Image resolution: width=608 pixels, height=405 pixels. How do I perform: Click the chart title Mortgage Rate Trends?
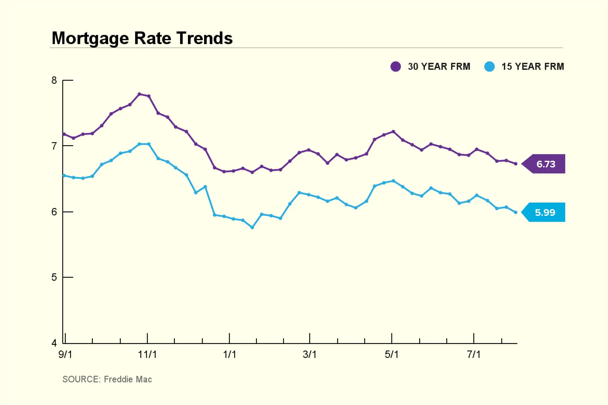click(x=142, y=38)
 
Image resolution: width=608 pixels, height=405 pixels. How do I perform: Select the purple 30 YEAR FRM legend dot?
click(x=395, y=66)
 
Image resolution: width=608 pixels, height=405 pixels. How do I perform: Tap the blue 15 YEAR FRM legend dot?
click(x=489, y=66)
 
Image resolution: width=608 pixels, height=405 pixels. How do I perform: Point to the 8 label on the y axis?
click(x=54, y=80)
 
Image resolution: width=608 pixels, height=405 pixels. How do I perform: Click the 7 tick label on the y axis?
click(x=54, y=146)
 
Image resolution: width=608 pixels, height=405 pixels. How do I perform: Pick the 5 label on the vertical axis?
click(x=54, y=277)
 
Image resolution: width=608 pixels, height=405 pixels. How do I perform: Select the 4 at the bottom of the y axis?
click(x=54, y=343)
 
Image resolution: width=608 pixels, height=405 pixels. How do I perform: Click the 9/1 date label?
click(x=65, y=354)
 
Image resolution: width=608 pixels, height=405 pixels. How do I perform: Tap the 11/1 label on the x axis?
click(x=147, y=354)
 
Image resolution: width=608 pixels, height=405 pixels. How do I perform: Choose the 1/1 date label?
click(x=229, y=354)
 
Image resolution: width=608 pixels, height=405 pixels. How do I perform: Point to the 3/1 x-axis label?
click(x=310, y=354)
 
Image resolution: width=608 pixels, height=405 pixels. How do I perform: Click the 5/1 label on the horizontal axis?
click(x=392, y=354)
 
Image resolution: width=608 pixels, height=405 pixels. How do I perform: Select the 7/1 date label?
click(x=474, y=354)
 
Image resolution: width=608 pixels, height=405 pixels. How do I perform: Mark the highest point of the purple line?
click(x=139, y=94)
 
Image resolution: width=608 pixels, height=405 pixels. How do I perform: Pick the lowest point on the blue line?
click(x=252, y=228)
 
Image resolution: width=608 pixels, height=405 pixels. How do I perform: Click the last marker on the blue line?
click(x=516, y=212)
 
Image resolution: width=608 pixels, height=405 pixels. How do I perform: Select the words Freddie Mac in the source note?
click(x=128, y=379)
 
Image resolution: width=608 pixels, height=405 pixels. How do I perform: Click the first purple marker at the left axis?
click(x=64, y=134)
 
